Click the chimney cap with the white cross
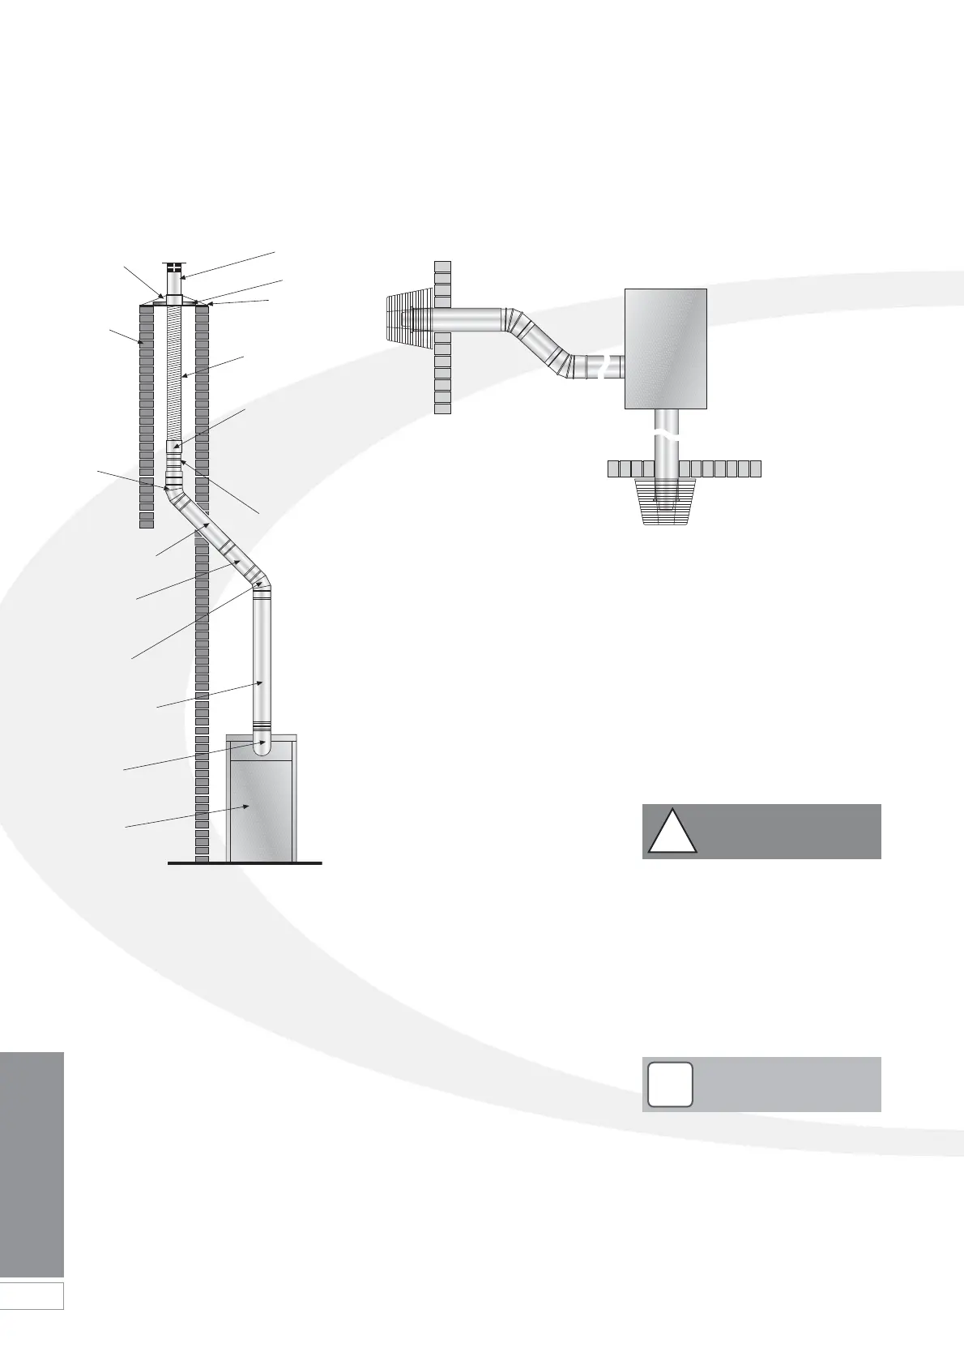point(174,267)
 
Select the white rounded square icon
point(669,1084)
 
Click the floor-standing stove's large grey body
point(261,811)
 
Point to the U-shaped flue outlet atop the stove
point(261,746)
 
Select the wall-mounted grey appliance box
point(666,349)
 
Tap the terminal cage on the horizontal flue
point(409,321)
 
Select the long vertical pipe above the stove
point(261,657)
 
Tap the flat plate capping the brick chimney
point(174,305)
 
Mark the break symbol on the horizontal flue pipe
point(600,367)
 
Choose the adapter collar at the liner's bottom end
point(174,447)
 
